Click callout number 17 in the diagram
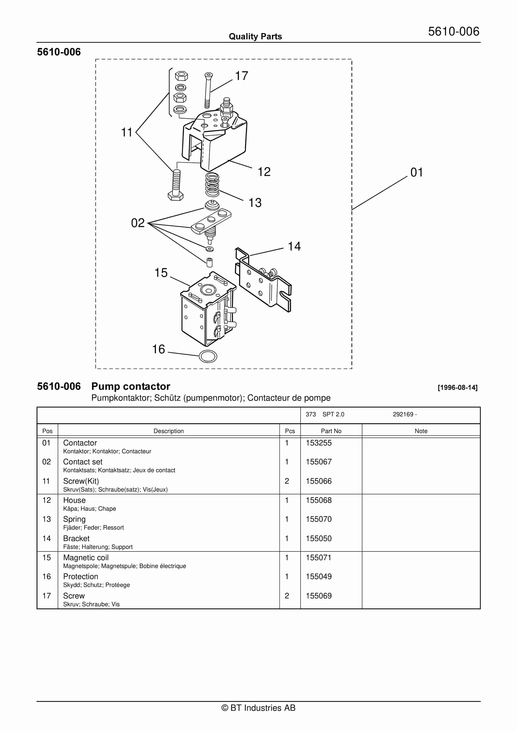241,76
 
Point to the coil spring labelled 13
212,185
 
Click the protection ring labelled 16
208,356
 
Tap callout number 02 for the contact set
138,223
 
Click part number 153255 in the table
319,443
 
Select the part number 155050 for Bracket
319,538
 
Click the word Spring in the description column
74,519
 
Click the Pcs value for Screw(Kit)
287,481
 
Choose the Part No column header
331,431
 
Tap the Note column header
421,431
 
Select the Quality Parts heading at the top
255,37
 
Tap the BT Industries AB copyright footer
258,708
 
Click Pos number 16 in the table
47,576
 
